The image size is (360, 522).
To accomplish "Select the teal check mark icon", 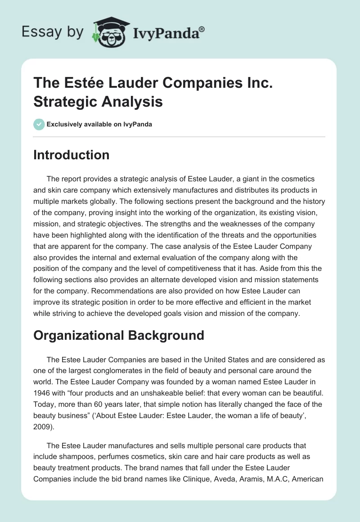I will (39, 124).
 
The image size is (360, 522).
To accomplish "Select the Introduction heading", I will (71, 155).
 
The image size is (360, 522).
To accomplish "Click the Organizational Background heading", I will (118, 335).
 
